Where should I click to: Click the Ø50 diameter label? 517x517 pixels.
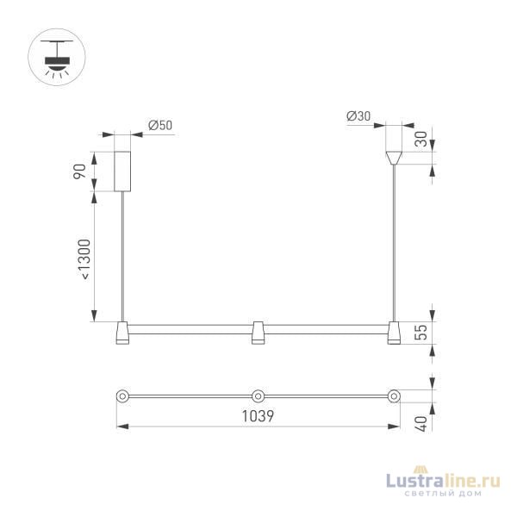pos(160,125)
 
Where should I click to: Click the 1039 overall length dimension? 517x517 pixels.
pos(258,415)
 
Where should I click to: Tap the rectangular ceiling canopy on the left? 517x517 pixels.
pos(124,171)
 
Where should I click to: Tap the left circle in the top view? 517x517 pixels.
pos(122,396)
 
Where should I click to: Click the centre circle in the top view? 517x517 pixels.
pos(258,396)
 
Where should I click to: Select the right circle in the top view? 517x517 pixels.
pos(394,396)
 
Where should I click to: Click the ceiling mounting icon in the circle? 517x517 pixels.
pos(58,59)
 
